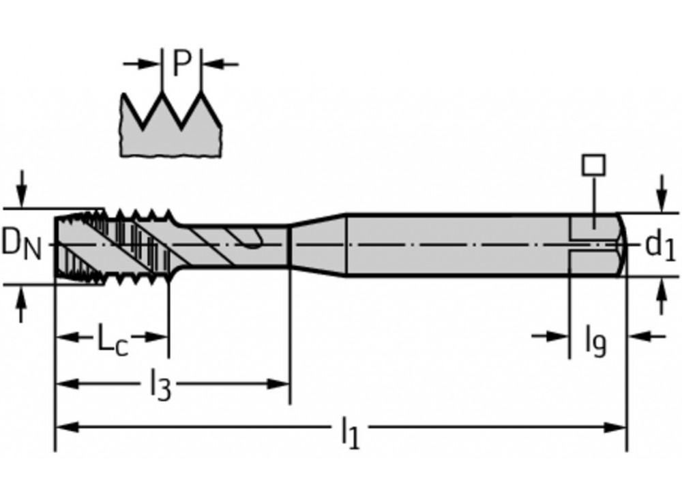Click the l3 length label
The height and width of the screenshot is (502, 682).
tap(160, 387)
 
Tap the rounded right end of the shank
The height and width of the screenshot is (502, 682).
tap(621, 244)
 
